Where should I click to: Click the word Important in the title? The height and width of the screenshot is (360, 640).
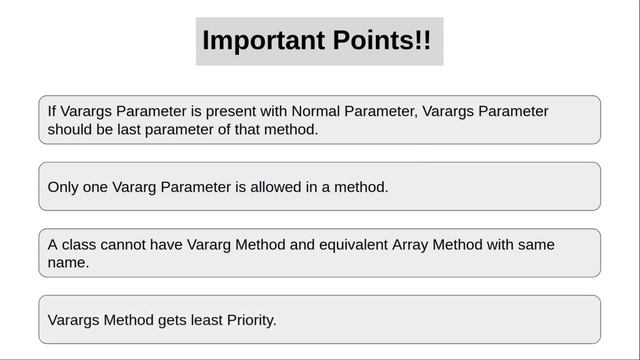(263, 41)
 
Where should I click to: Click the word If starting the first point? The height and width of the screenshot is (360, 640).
(52, 111)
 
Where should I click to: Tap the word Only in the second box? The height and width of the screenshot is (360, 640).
(64, 187)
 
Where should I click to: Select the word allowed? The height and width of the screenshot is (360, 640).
(283, 187)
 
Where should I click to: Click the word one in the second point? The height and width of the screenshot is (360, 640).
(98, 187)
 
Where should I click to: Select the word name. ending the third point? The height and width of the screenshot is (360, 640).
(68, 263)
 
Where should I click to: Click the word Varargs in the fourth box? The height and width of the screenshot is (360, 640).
(73, 320)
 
